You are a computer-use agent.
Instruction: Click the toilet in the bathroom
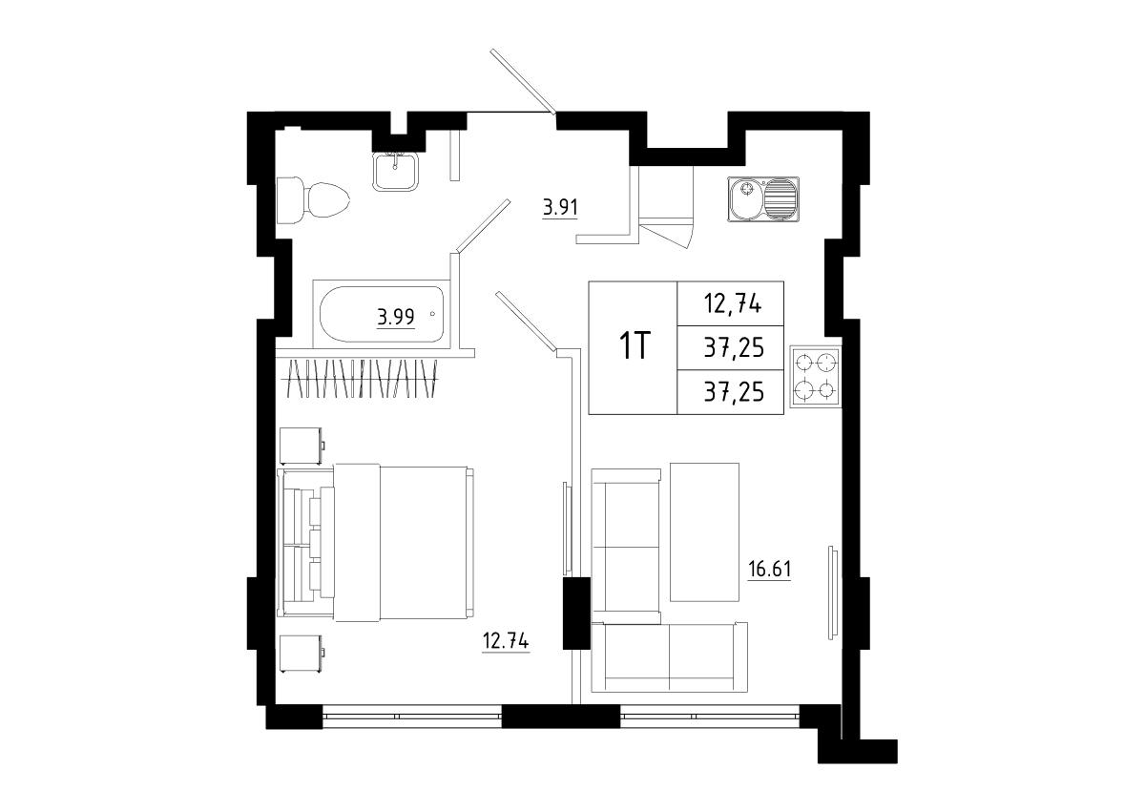coord(313,200)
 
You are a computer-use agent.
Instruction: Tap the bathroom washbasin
coord(396,171)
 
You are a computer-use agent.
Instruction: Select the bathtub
coord(382,314)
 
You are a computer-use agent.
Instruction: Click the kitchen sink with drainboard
coord(763,198)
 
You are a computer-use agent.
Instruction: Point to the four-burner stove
coord(816,377)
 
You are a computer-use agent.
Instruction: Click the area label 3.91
coord(560,208)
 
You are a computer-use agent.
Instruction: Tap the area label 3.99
coord(396,318)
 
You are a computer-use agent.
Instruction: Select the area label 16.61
coord(769,569)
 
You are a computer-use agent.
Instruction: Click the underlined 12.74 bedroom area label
coord(506,641)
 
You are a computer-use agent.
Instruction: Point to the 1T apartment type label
coord(634,346)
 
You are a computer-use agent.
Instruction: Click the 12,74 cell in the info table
coord(731,303)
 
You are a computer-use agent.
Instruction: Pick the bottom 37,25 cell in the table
coord(731,392)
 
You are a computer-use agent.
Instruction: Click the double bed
coord(376,543)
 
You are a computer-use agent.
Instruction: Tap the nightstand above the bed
coord(302,446)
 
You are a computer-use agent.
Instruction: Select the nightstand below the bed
coord(302,654)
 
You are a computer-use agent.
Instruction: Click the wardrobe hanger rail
coord(361,379)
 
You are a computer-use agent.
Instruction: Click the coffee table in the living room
coord(704,532)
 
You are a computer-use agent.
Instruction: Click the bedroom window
coord(412,717)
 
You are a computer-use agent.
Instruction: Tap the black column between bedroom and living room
coord(576,613)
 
